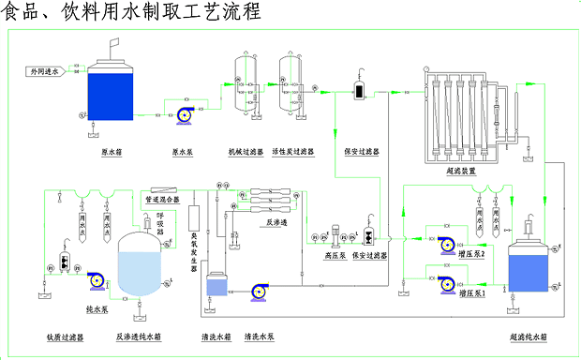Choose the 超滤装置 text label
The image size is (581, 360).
pyautogui.click(x=461, y=172)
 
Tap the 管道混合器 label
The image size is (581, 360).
pyautogui.click(x=162, y=199)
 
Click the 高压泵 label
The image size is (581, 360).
pyautogui.click(x=334, y=254)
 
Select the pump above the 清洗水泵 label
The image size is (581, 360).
pyautogui.click(x=258, y=292)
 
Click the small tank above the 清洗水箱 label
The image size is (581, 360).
pyautogui.click(x=216, y=287)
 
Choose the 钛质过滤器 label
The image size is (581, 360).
pyautogui.click(x=65, y=336)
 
